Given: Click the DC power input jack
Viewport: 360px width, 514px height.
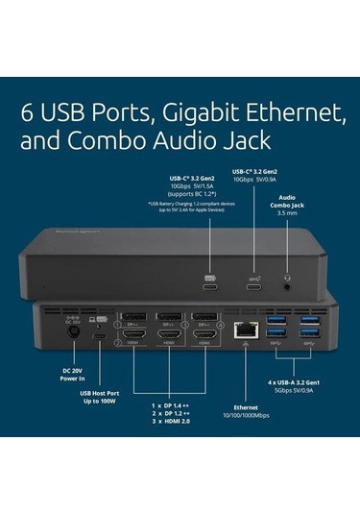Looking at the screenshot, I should click(x=69, y=334).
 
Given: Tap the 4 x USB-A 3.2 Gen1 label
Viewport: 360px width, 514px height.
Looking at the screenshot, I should click(x=293, y=383).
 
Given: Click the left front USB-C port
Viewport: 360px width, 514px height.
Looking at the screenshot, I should click(x=210, y=285).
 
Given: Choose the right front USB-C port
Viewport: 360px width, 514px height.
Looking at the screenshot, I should click(x=252, y=285).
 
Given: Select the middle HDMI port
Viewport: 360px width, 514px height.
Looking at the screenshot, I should click(x=169, y=341).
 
